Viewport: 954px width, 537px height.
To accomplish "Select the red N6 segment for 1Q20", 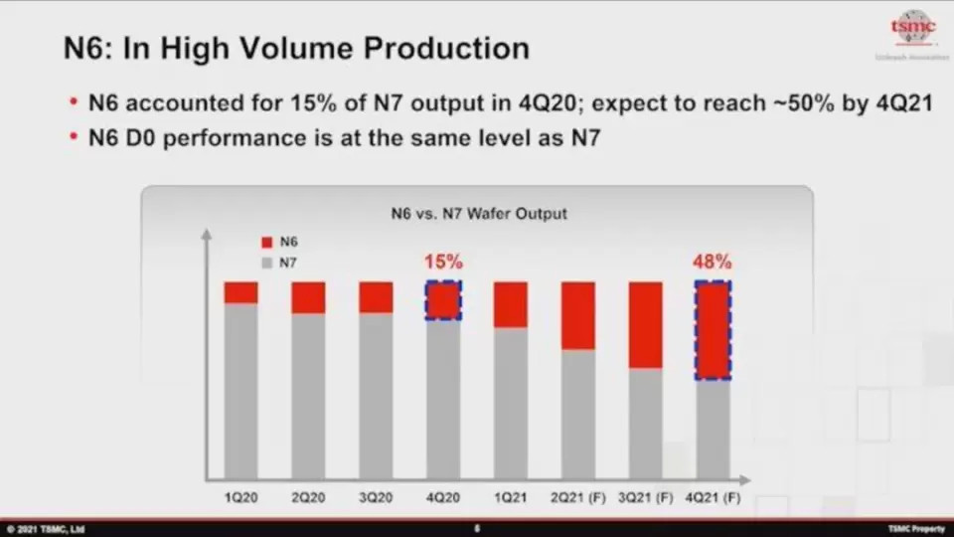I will tap(240, 292).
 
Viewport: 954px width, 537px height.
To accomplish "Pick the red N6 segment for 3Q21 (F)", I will tap(646, 325).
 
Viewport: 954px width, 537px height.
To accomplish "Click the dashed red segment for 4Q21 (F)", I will tap(713, 330).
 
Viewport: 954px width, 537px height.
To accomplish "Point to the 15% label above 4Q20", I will tap(443, 263).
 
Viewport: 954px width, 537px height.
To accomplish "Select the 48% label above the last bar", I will tap(713, 263).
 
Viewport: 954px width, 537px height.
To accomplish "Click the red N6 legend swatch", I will tap(266, 243).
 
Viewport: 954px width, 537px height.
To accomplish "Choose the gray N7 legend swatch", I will tap(266, 264).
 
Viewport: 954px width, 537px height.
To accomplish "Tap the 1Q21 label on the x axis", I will tap(511, 496).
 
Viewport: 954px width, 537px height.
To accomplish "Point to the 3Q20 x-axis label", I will tap(376, 496).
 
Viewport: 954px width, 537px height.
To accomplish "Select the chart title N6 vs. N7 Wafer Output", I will tap(478, 213).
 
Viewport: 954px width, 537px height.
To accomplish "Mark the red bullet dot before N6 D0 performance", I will tap(75, 139).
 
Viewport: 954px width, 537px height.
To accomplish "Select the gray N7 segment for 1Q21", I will tap(511, 403).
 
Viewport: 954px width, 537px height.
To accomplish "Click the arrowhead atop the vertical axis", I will tap(207, 235).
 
